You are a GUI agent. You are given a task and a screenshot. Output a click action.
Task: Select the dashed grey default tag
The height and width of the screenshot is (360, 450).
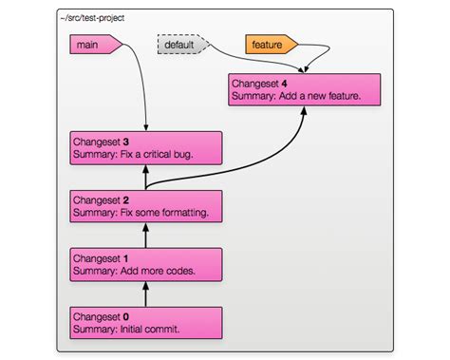(x=179, y=44)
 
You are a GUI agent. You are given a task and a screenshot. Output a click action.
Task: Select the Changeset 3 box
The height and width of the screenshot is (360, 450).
(x=145, y=147)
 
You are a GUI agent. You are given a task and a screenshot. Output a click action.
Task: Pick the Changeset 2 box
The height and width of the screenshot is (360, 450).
(x=145, y=205)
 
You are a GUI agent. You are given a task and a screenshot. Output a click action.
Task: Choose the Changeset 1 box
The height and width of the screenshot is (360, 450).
(x=145, y=263)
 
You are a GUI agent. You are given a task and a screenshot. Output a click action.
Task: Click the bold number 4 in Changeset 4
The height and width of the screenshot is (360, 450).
(x=284, y=83)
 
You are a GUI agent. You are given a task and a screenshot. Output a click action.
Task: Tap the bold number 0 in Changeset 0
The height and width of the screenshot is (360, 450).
(x=125, y=314)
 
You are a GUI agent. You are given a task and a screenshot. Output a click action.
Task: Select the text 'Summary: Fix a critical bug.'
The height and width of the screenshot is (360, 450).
(x=134, y=155)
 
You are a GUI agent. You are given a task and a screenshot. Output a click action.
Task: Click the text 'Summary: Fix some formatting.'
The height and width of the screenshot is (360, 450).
(x=140, y=213)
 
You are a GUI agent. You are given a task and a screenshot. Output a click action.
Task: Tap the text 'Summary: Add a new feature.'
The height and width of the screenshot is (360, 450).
(x=294, y=97)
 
